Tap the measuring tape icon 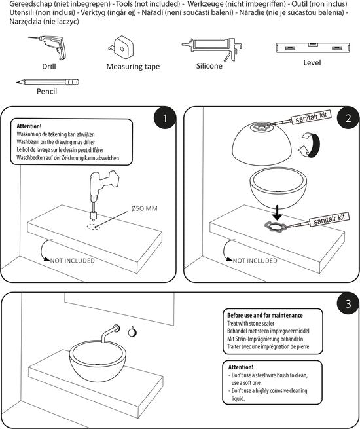tap(120, 48)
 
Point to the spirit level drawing tap(313, 48)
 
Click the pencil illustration tap(48, 82)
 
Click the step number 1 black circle tap(165, 118)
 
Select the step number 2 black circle tap(348, 118)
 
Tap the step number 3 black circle tap(348, 303)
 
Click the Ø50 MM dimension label tap(145, 208)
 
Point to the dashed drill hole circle tap(94, 227)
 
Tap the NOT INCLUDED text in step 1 tap(73, 261)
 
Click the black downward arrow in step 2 tap(278, 213)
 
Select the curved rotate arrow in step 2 tap(310, 145)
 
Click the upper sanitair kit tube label tap(311, 117)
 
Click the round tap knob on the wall tap(132, 332)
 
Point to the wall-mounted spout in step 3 tap(110, 333)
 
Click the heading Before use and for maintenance tap(265, 315)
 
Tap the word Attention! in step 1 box tap(29, 126)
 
